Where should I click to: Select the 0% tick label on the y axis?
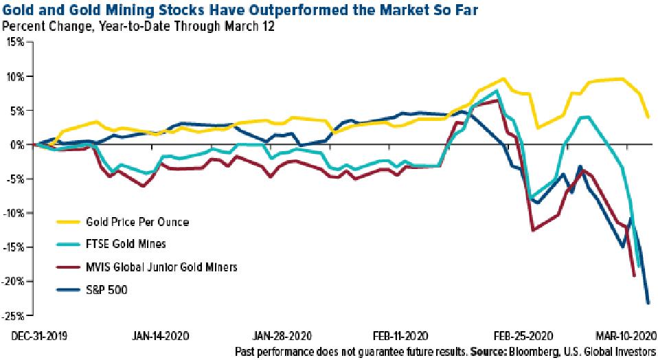click(18, 144)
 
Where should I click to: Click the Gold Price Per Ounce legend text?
click(138, 222)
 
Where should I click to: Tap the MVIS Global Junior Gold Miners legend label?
click(162, 266)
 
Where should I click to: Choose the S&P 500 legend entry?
click(106, 289)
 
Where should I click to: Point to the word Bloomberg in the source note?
click(543, 352)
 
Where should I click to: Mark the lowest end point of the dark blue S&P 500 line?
click(648, 303)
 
